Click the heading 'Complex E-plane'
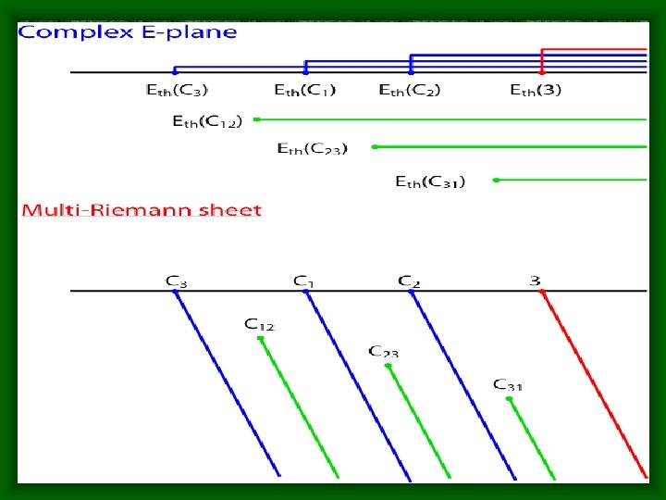128,32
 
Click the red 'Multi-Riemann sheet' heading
141,210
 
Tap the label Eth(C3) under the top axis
177,90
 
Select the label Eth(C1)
305,90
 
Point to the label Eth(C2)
410,90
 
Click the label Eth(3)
536,90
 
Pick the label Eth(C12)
207,120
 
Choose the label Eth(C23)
313,148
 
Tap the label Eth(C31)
430,181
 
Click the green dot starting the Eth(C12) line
256,119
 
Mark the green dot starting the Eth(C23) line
375,146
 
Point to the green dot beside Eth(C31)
497,180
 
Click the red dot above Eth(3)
542,71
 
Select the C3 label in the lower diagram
176,280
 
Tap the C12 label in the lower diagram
259,324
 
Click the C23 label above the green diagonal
384,351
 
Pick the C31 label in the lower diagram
508,384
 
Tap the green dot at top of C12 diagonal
261,339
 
